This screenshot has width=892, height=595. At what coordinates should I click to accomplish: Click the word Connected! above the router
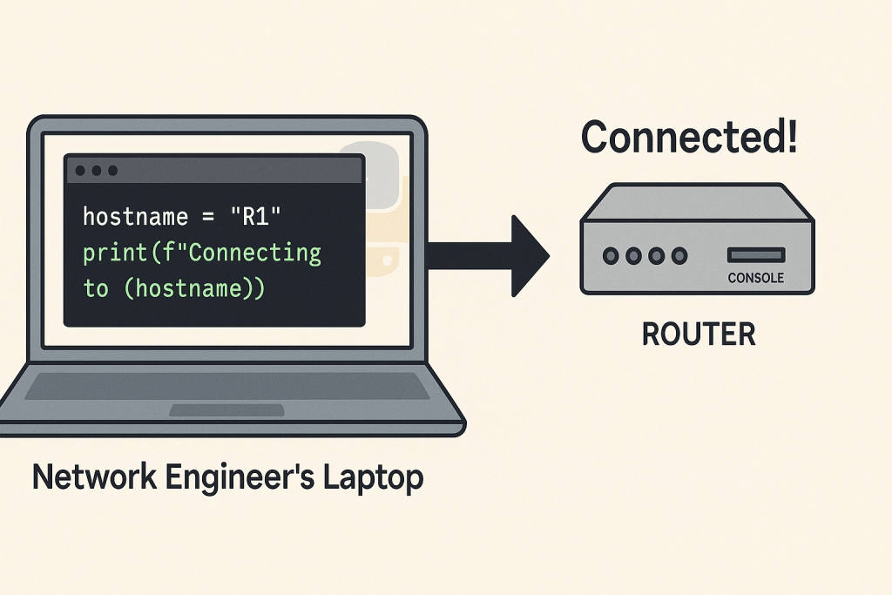point(688,138)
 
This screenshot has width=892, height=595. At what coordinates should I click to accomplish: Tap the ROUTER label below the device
point(699,335)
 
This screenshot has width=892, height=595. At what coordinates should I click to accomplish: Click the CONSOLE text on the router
point(755,278)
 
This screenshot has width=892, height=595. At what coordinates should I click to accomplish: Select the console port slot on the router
point(756,255)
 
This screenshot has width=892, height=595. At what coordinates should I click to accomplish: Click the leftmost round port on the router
point(612,256)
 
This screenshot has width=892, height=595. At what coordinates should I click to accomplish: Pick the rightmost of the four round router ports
point(679,256)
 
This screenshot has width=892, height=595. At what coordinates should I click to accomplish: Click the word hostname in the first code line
point(135,217)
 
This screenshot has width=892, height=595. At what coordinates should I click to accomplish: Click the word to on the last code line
point(96,288)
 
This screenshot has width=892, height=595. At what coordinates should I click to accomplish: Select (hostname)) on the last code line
point(193,288)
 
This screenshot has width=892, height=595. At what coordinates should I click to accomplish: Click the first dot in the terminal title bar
point(81,170)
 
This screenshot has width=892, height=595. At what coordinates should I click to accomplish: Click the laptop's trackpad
point(226,409)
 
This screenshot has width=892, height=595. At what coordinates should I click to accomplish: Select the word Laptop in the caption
point(375,477)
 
